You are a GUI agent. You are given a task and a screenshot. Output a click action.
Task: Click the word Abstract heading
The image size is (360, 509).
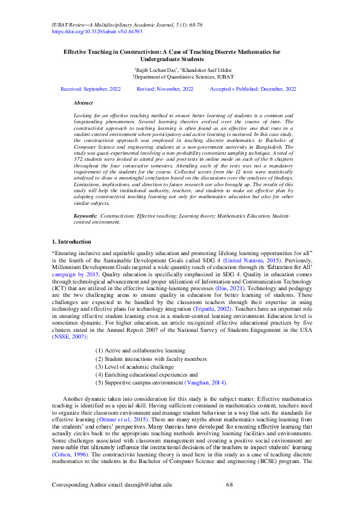tap(83, 104)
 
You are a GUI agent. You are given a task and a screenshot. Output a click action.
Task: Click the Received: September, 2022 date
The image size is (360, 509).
tap(91, 89)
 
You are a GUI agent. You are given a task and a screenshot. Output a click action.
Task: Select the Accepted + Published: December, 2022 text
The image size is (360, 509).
tap(253, 89)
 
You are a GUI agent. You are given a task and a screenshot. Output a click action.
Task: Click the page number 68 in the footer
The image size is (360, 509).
tap(229, 484)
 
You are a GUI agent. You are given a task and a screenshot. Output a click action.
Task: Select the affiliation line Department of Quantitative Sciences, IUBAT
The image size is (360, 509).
tap(180, 78)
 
